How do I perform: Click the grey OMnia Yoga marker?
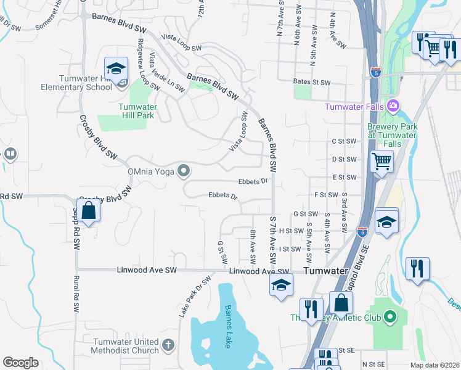tap(184, 171)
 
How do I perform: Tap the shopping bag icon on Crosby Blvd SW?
tap(89, 211)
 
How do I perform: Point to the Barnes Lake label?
tap(227, 326)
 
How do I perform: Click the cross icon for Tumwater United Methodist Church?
tap(169, 345)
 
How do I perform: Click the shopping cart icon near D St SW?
tap(381, 162)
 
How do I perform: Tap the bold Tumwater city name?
tap(325, 271)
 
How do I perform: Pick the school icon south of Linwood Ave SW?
tap(280, 286)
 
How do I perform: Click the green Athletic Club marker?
tap(389, 318)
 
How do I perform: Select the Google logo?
tap(21, 363)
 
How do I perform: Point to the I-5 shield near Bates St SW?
tap(376, 73)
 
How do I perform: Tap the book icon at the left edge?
tap(9, 154)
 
